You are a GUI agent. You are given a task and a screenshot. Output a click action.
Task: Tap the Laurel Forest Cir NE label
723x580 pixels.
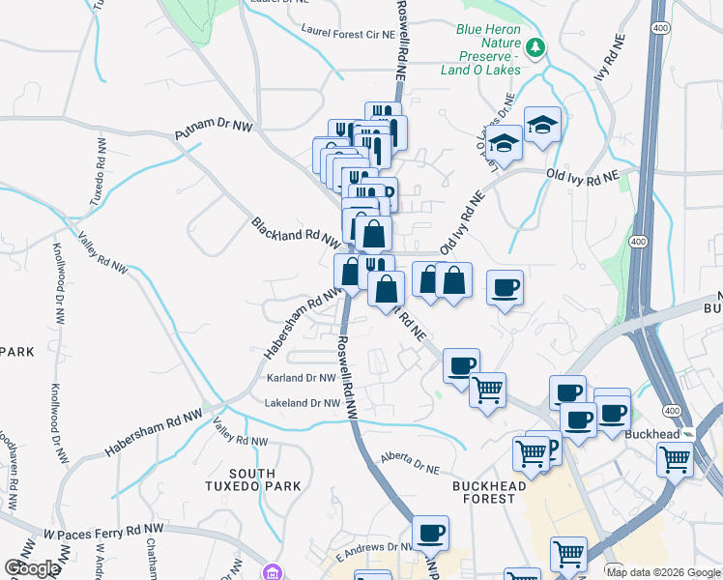[348, 33]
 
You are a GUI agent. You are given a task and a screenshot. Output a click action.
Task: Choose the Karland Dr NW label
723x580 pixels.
[301, 378]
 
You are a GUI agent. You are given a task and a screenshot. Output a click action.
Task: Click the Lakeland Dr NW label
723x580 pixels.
[303, 403]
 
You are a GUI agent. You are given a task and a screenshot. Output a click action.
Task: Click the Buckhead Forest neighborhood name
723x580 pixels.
[487, 492]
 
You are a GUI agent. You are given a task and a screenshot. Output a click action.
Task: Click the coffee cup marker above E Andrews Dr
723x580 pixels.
[430, 533]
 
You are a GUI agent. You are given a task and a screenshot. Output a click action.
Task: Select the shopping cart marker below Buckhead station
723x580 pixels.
[674, 459]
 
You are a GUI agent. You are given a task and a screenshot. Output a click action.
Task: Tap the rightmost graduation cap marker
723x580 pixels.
[542, 125]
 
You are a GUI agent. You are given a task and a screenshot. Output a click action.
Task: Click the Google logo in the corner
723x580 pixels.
[32, 568]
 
